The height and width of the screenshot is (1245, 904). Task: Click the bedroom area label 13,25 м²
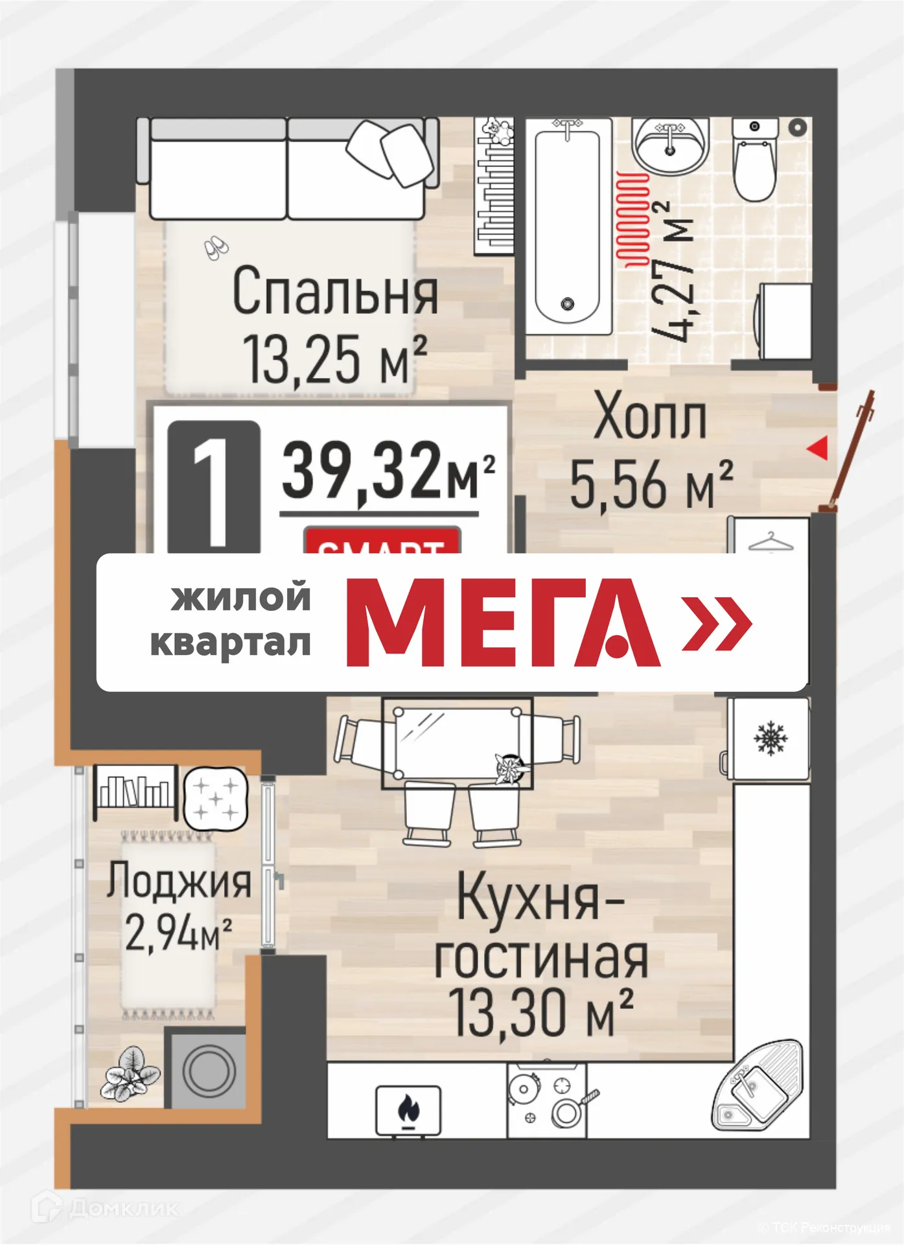[x=334, y=361]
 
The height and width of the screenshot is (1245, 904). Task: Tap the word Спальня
[x=335, y=293]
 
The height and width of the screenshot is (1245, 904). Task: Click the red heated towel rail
[x=632, y=220]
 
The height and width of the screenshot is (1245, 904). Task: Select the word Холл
[x=650, y=418]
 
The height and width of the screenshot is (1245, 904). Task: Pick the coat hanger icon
[x=771, y=541]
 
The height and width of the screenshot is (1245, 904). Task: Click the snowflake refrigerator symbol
[x=770, y=739]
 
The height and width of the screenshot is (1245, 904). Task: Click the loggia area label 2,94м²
[x=178, y=934]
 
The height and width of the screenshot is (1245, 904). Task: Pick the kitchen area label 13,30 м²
[x=541, y=1013]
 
